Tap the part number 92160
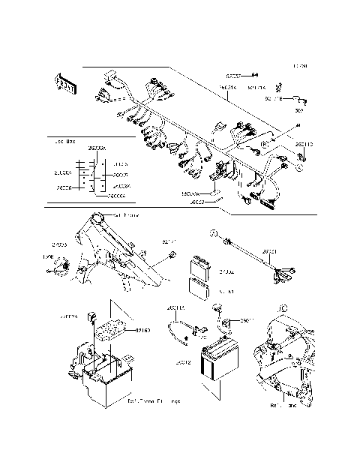pos(142,329)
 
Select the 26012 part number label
pos(183,361)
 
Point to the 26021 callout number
pos(269,252)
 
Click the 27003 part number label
pos(60,244)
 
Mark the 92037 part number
pos(235,76)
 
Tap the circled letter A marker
pos(301,168)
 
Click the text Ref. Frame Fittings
pos(153,402)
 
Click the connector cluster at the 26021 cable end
pos(283,274)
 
